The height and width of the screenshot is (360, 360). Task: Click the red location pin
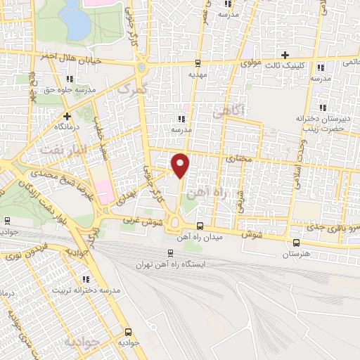point(181,165)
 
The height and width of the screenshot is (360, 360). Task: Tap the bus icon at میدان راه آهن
point(200,226)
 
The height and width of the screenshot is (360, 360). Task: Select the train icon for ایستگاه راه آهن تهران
point(169,254)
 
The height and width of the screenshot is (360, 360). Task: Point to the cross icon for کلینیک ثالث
point(285,55)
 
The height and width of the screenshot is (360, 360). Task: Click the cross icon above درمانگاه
point(67,116)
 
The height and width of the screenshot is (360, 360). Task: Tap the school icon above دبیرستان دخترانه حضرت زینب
point(323,108)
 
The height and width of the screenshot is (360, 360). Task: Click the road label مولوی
point(252,63)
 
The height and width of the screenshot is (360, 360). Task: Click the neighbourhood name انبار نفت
point(56,150)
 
